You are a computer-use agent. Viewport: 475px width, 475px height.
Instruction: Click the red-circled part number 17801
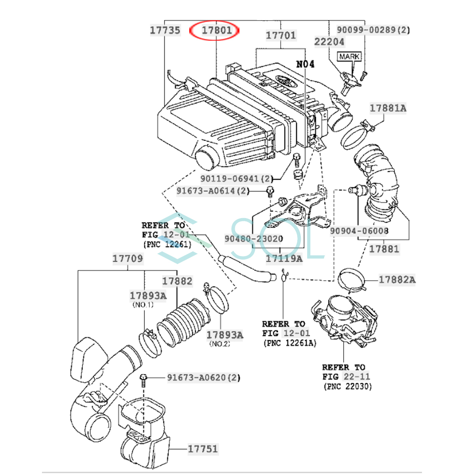[x=216, y=30]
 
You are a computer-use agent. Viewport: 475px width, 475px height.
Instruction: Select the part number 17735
[x=165, y=30]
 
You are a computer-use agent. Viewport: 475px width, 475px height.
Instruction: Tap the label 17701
[x=281, y=36]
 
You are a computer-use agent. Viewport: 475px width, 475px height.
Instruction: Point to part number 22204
[x=329, y=42]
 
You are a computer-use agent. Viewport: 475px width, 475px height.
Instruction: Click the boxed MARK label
[x=349, y=57]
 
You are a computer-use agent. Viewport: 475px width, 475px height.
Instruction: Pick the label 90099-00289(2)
[x=373, y=30]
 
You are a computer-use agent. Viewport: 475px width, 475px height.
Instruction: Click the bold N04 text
[x=305, y=64]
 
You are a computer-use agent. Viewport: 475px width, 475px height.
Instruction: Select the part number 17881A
[x=388, y=108]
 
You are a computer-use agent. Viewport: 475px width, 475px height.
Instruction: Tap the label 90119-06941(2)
[x=237, y=179]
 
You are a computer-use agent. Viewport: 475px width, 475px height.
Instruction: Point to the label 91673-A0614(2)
[x=213, y=191]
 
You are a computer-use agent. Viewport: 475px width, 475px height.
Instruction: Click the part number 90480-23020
[x=254, y=239]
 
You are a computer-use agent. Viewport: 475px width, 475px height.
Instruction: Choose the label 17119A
[x=284, y=258]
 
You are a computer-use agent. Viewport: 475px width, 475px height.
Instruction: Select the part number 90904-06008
[x=359, y=231]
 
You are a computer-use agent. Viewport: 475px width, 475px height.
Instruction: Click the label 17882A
[x=397, y=279]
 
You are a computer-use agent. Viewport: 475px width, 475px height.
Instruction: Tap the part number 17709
[x=127, y=258]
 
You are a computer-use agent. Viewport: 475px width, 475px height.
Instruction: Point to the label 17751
[x=203, y=449]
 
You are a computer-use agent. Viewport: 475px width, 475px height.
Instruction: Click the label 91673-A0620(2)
[x=203, y=378]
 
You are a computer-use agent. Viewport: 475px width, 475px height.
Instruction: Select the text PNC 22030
[x=348, y=386]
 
